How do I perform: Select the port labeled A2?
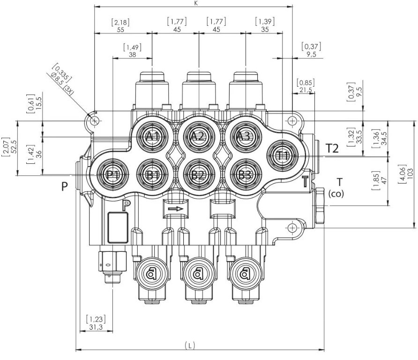199,137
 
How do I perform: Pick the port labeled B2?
199,175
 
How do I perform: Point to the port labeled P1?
112,175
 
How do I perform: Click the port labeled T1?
282,155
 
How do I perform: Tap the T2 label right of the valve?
332,148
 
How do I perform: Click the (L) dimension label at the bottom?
189,345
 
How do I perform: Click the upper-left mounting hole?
95,121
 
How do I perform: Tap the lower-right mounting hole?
292,228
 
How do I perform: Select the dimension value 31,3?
96,327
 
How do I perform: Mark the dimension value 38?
132,54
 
